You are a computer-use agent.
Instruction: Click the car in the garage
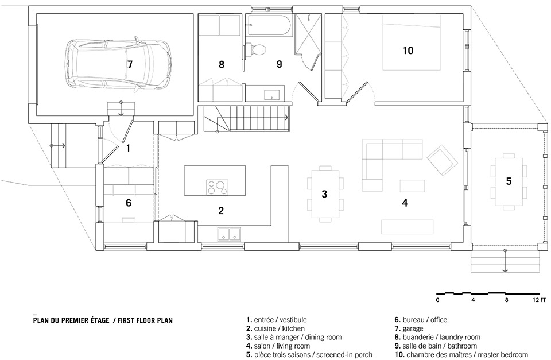click(x=119, y=64)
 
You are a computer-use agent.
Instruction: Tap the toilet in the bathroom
click(x=256, y=49)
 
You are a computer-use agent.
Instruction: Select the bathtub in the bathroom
click(x=269, y=25)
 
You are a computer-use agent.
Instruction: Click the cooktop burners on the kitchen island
click(x=217, y=187)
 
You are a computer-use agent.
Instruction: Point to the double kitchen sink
click(x=229, y=234)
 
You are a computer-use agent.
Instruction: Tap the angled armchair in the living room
click(x=443, y=160)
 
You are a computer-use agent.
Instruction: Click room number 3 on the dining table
click(x=324, y=193)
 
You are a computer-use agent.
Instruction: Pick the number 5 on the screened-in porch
click(x=509, y=181)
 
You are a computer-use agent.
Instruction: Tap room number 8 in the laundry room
click(x=222, y=65)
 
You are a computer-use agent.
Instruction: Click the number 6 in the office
click(x=129, y=203)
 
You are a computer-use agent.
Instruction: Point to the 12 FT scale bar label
click(x=539, y=300)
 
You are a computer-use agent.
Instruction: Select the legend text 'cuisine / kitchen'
click(x=280, y=328)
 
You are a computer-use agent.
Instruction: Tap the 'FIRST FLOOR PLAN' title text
click(x=145, y=320)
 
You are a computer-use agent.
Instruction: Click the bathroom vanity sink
click(x=271, y=94)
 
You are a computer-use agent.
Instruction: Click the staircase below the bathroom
click(x=246, y=118)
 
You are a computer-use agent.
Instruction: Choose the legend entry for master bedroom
click(x=461, y=354)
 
